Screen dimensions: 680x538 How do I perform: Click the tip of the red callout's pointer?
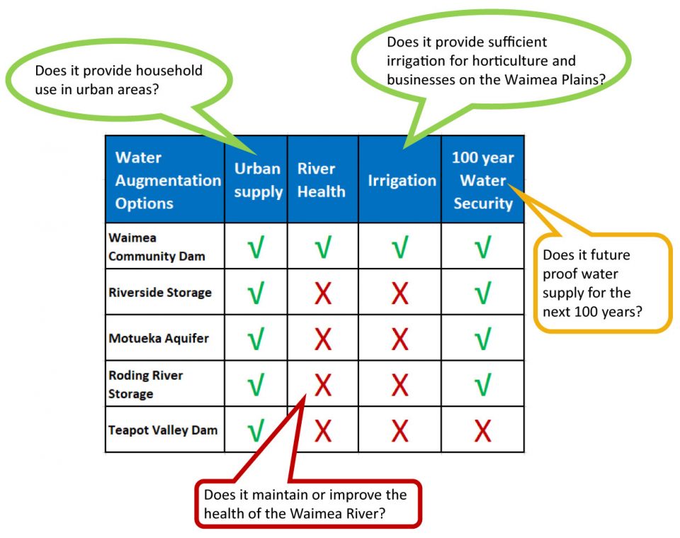[x=306, y=394]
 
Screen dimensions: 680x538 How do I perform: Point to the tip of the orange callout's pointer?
[x=509, y=185]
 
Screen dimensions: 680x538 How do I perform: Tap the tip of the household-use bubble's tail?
[x=256, y=154]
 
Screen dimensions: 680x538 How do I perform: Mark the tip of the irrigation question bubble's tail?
[x=404, y=148]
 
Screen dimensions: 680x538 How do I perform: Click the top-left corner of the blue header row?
[x=106, y=136]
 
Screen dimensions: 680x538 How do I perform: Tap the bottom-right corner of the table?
[x=524, y=452]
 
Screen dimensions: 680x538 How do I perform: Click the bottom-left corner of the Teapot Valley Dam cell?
[x=106, y=452]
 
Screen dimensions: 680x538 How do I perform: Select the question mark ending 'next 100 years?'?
[x=638, y=311]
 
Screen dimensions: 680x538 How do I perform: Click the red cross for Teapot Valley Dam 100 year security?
[x=482, y=430]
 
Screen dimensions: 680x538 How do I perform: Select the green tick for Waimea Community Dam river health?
[x=323, y=247]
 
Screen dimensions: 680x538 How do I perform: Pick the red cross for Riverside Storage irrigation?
[x=399, y=293]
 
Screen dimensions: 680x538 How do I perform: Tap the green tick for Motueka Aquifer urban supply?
[x=256, y=339]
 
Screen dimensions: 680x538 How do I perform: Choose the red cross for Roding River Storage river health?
[x=323, y=385]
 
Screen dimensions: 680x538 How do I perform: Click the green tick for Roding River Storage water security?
[x=482, y=384]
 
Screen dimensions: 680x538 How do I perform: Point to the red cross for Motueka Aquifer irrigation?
[x=399, y=339]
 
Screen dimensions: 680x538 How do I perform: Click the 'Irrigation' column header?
[x=402, y=181]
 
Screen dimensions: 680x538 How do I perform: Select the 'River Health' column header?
[x=322, y=180]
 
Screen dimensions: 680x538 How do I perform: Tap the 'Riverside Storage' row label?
[x=160, y=293]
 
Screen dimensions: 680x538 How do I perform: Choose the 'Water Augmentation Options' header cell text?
[x=169, y=180]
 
